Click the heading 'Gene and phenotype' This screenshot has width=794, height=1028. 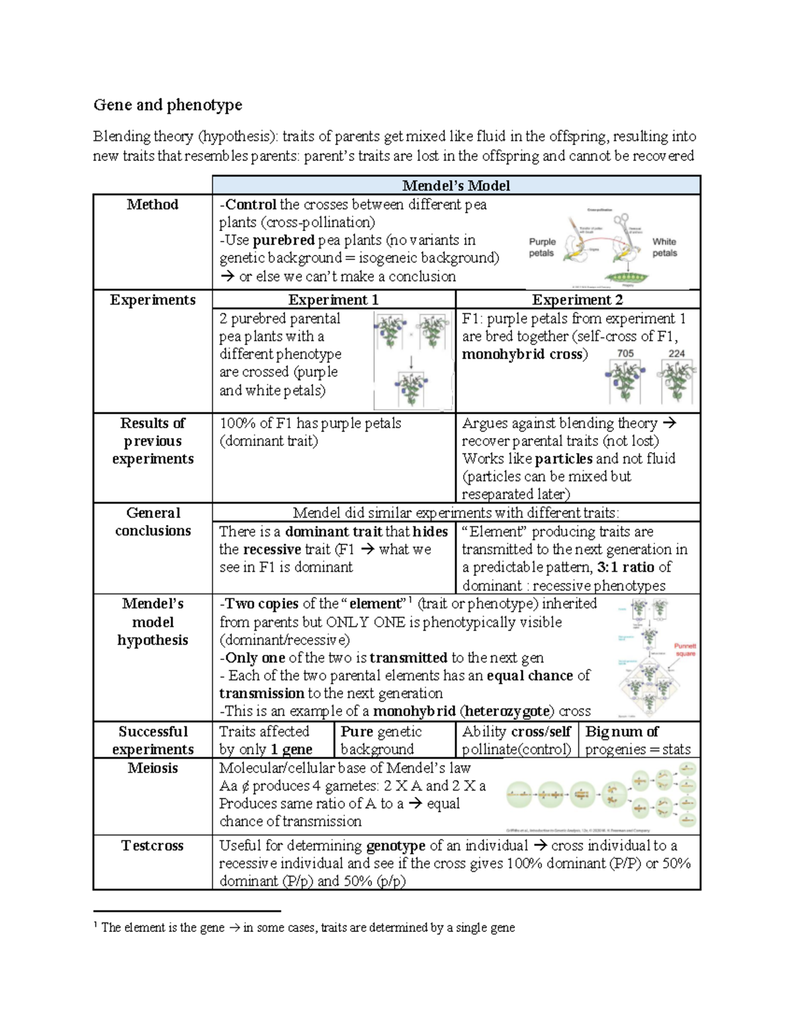click(x=167, y=105)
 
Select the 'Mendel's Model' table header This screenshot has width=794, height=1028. click(x=456, y=185)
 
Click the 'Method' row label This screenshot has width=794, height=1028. click(x=152, y=205)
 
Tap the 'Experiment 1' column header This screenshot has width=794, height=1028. click(x=333, y=300)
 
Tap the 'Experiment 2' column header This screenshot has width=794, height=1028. click(x=577, y=300)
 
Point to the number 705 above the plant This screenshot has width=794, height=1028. click(x=625, y=353)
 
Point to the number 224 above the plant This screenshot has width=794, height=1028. click(x=676, y=353)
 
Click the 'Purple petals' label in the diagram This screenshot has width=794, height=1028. click(x=542, y=247)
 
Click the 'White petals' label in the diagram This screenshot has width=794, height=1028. click(x=664, y=247)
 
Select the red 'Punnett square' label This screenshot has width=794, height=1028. click(x=685, y=649)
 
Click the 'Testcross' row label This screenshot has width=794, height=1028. click(x=152, y=845)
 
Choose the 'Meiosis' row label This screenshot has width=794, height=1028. click(x=152, y=768)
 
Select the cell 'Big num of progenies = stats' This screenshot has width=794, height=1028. click(x=639, y=740)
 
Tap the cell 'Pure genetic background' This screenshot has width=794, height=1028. click(x=381, y=740)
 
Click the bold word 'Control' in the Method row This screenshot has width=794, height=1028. click(x=251, y=205)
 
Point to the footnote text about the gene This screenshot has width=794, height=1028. click(x=308, y=927)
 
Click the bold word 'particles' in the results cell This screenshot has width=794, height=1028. click(x=564, y=459)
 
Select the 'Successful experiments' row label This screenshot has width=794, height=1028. click(x=152, y=740)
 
